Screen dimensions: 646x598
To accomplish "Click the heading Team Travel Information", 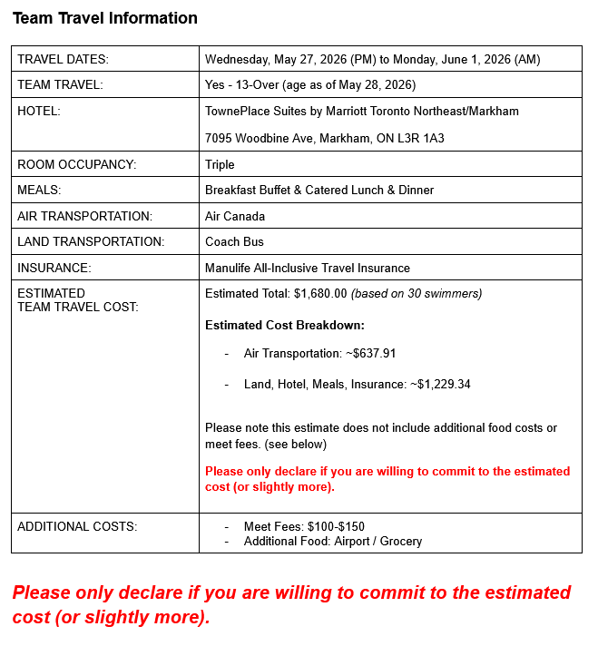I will coord(105,18).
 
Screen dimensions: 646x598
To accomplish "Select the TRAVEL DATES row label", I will coord(63,59).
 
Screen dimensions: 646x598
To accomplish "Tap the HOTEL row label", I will coord(39,111).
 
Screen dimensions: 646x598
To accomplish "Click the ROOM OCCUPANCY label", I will coord(76,164).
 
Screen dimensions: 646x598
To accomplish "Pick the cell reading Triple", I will coord(220,164).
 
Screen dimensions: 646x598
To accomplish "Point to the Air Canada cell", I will coord(235,216).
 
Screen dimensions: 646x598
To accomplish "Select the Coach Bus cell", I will coord(234,241).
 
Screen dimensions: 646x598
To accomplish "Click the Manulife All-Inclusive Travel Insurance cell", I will coord(308,268).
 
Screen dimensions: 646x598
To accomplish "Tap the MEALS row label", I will coord(39,190).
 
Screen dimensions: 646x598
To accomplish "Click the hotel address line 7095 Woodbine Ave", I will coord(325,139).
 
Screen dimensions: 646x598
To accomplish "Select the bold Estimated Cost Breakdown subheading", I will coord(285,325).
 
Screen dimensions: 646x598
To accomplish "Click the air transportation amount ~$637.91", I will coord(371,353).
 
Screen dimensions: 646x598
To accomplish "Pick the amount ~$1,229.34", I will coord(440,384).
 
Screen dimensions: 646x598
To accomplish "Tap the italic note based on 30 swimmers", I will coord(417,293).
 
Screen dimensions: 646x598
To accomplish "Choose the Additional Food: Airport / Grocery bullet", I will coord(333,541).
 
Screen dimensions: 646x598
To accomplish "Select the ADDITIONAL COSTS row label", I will coord(76,526).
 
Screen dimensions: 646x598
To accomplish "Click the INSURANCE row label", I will coord(54,268).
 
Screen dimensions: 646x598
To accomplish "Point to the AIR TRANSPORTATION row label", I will coord(84,216).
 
